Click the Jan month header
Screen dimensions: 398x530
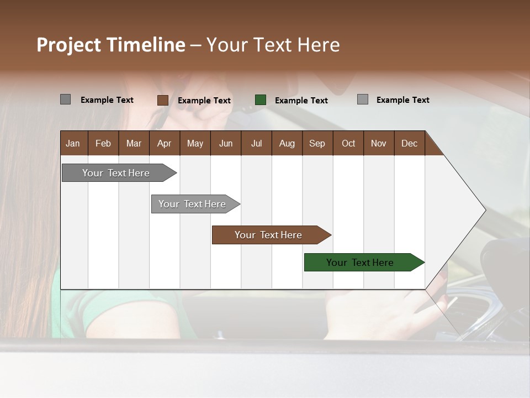[x=73, y=143]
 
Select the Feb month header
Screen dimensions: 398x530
[x=103, y=143]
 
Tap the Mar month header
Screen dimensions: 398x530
[x=134, y=143]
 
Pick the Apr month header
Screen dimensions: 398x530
[x=165, y=143]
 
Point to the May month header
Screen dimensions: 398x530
[x=195, y=143]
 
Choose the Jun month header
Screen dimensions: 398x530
[x=226, y=143]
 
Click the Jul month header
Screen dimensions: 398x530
[x=256, y=143]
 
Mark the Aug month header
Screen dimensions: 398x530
[x=287, y=143]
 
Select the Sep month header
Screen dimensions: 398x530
[x=317, y=143]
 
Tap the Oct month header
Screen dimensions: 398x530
[x=348, y=143]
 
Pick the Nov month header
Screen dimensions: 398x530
[x=379, y=143]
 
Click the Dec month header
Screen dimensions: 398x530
[x=410, y=143]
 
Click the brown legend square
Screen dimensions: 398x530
[x=162, y=100]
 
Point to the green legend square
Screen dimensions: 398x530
[x=261, y=100]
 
